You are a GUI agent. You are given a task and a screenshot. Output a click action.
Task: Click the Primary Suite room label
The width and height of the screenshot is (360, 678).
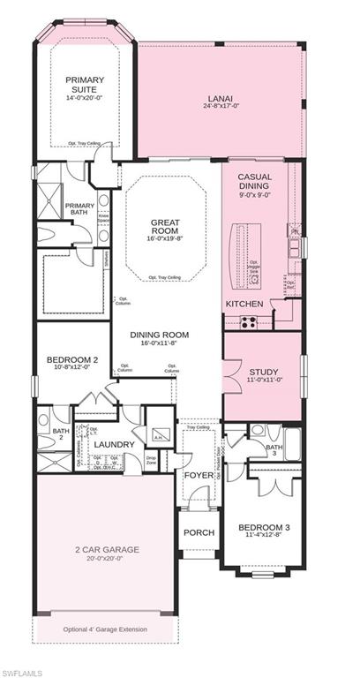[85, 85]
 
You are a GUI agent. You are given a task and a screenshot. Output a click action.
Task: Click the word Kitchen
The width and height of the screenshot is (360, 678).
[244, 304]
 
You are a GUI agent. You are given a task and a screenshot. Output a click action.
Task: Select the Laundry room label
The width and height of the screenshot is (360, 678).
[114, 444]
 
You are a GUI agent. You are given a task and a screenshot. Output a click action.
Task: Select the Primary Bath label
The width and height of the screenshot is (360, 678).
[80, 210]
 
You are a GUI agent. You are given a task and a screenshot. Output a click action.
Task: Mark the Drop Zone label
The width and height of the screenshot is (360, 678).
[152, 460]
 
